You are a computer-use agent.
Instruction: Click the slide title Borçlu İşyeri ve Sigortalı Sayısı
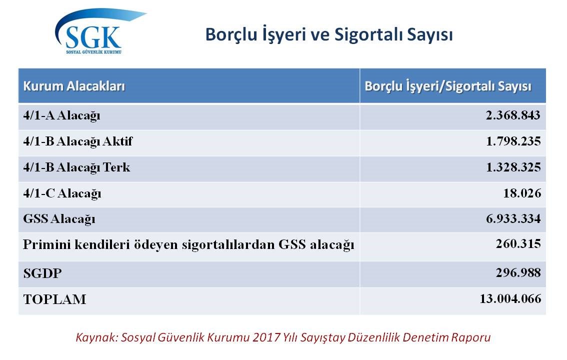328,35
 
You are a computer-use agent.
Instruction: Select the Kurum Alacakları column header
74,86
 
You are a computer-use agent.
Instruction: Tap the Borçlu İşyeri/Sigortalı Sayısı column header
448,86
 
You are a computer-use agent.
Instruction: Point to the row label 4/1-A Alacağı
61,115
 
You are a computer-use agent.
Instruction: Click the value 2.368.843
513,115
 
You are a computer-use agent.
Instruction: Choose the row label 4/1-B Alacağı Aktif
77,141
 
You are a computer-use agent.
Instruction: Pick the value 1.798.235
513,141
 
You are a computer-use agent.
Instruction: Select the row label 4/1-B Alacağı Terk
76,167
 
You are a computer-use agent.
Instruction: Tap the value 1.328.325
513,167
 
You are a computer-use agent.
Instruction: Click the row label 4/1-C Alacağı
62,193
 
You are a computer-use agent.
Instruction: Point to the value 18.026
522,193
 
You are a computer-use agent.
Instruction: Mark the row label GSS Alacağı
59,219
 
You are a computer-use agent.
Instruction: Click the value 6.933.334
513,218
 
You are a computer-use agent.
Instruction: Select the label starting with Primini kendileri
188,245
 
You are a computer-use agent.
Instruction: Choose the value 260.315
518,244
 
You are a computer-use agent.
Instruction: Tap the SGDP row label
42,273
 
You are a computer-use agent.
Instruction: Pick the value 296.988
518,272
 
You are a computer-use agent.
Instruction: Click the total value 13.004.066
510,299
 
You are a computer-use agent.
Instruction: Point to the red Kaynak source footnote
283,337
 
